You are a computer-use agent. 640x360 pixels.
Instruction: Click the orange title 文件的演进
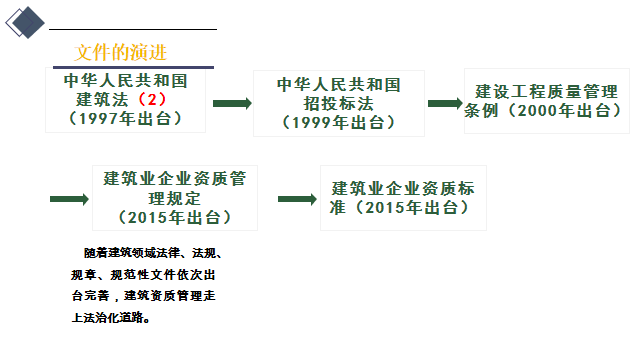click(120, 53)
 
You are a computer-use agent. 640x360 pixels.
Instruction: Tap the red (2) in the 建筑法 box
click(152, 99)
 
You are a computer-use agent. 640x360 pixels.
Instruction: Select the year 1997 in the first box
click(99, 119)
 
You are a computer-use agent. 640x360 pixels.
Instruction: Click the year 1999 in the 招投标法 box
click(312, 122)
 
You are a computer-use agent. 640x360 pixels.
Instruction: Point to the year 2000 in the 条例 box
click(538, 110)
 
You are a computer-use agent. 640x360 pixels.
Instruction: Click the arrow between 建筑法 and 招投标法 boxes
click(232, 103)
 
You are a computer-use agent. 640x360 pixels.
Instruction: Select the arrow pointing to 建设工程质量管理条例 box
click(445, 103)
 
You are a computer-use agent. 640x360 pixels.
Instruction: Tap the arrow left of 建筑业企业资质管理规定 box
click(69, 199)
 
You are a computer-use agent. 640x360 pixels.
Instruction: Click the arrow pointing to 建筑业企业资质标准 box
click(297, 199)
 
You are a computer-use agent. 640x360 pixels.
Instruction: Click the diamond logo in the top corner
click(25, 22)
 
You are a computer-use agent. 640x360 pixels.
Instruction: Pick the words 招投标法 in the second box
click(338, 104)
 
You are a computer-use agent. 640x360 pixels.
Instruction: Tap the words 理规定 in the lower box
click(175, 199)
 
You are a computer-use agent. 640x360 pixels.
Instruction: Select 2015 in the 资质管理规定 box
click(148, 218)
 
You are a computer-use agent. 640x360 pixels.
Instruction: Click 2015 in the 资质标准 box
click(385, 208)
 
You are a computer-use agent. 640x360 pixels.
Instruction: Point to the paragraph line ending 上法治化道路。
click(111, 318)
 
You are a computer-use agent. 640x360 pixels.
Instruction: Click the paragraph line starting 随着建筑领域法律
click(153, 253)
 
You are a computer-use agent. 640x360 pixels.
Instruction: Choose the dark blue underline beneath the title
click(133, 67)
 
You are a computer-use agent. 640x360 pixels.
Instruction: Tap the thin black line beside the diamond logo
click(133, 29)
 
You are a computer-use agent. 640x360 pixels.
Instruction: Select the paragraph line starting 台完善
click(143, 296)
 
